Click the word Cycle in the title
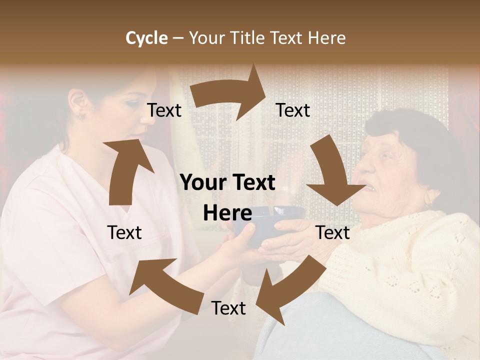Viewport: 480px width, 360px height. click(x=146, y=38)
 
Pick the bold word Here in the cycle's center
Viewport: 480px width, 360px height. click(x=227, y=213)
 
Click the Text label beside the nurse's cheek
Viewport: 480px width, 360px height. click(x=164, y=110)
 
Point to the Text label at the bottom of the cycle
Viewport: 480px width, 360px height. click(x=228, y=308)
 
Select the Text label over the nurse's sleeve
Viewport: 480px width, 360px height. click(x=124, y=232)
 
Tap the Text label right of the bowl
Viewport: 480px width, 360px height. click(x=332, y=232)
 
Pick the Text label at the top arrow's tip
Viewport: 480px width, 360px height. click(x=293, y=110)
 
